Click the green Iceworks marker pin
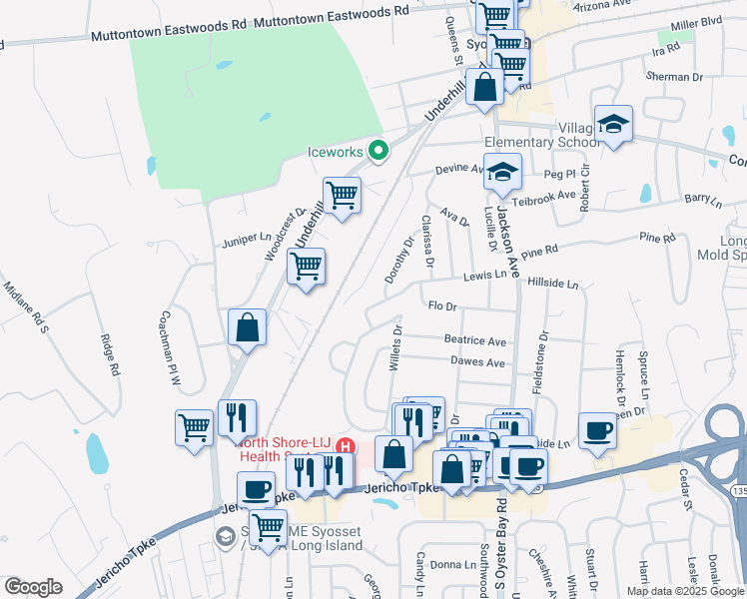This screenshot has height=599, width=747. (378, 152)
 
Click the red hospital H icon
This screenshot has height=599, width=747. (346, 445)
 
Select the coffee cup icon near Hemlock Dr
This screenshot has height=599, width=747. (597, 430)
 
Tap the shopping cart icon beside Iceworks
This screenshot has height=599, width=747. (342, 195)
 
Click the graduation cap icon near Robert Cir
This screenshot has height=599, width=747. (613, 124)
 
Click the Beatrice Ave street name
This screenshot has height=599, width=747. (475, 340)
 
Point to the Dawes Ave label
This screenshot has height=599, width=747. (478, 362)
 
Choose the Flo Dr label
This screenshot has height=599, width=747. (441, 306)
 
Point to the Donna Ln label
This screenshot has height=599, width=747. (453, 565)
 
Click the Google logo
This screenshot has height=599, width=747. (33, 587)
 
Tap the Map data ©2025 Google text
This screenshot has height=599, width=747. (684, 591)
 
